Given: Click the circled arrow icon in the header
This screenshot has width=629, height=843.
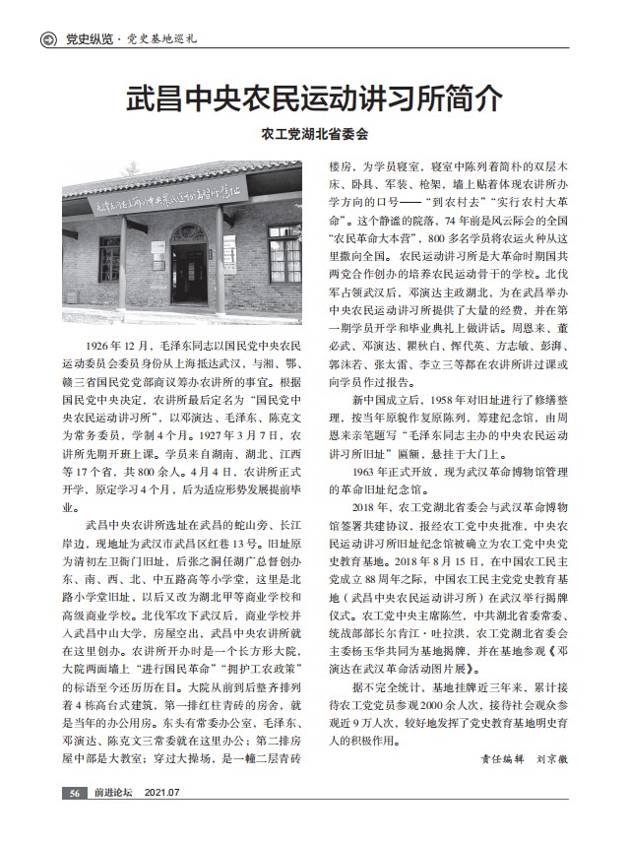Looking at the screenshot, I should pos(46,40).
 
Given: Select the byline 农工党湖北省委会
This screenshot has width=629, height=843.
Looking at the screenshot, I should pos(314,133).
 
